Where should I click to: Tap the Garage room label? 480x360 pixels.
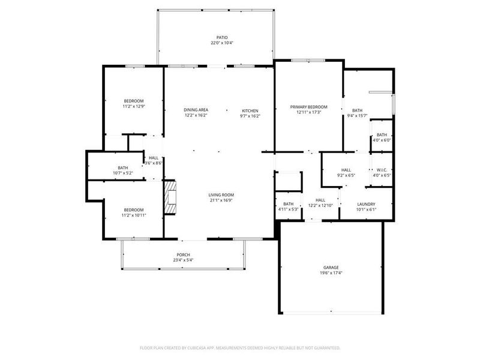pos(331,267)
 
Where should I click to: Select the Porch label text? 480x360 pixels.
pos(184,254)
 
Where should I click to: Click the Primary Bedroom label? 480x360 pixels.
pos(309,107)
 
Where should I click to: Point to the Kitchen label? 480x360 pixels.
pos(250,110)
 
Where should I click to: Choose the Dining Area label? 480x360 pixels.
pos(196,110)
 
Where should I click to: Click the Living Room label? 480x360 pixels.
pos(221,195)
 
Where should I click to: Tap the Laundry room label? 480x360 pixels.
pos(365,204)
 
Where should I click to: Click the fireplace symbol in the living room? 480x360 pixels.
pos(170,196)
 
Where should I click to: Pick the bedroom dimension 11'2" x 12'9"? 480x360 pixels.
pos(134,106)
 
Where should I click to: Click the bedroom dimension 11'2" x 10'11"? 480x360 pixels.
pos(134,215)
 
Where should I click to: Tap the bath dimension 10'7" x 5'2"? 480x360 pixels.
pos(122,173)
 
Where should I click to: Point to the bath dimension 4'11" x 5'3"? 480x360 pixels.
pos(288,209)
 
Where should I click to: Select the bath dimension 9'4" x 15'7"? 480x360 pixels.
pos(357,116)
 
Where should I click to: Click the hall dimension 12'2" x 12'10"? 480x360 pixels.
pos(320,206)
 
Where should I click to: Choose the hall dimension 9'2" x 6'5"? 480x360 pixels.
pos(346,175)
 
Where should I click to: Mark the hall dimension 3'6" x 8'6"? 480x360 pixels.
pos(154,163)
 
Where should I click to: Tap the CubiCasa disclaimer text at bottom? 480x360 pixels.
pos(240,347)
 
